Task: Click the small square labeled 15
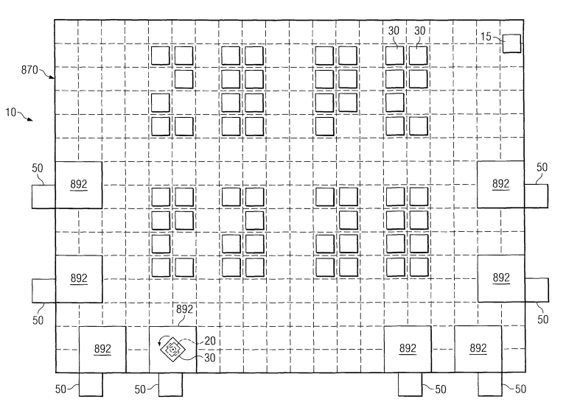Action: (x=512, y=43)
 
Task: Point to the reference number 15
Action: (x=486, y=36)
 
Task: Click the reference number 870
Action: (x=29, y=70)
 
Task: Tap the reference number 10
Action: (x=11, y=113)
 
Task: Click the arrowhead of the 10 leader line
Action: (x=31, y=119)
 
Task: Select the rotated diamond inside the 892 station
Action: (x=173, y=349)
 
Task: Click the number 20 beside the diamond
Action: (x=210, y=341)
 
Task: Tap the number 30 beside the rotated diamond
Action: (x=210, y=358)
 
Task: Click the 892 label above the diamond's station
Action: (x=184, y=309)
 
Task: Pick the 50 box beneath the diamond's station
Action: (x=170, y=384)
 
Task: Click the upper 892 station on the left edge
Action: (x=79, y=185)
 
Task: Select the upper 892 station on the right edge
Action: (x=500, y=184)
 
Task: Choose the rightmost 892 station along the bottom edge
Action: (x=478, y=349)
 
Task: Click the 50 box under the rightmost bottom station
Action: (x=490, y=384)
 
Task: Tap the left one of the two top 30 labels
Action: (x=394, y=31)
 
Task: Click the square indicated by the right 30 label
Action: (x=418, y=55)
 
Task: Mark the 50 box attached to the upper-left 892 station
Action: (x=43, y=197)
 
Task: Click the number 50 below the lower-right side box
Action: (x=543, y=320)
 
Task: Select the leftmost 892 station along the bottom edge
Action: (x=102, y=350)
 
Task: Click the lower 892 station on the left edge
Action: (x=79, y=279)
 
